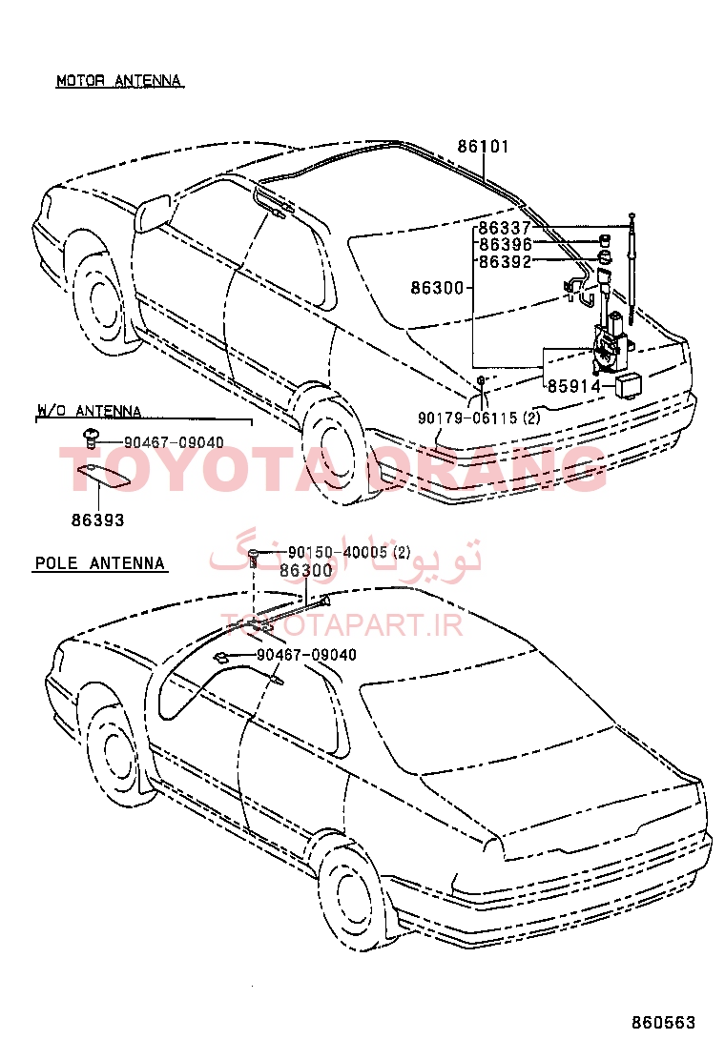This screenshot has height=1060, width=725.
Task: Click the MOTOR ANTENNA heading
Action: tap(119, 80)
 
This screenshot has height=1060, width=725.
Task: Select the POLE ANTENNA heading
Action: tap(99, 563)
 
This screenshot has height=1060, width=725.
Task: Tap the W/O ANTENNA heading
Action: tap(90, 410)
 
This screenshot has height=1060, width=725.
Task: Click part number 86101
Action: tap(483, 146)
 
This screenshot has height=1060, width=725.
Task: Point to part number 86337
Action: tap(505, 228)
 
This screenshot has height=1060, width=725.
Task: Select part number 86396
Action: tap(506, 245)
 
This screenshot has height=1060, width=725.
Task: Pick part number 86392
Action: tap(506, 261)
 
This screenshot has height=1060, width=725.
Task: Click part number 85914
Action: tap(573, 386)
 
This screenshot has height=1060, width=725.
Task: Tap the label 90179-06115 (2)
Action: tap(479, 418)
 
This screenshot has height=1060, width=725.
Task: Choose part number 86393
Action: tap(98, 520)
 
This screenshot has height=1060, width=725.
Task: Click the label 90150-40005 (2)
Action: tap(349, 552)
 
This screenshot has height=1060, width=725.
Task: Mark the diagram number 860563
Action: tap(663, 1022)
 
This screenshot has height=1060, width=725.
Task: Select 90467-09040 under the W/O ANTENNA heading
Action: tap(174, 442)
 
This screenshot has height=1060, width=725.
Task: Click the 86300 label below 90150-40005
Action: tap(305, 571)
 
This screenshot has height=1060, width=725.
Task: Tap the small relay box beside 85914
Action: tap(629, 384)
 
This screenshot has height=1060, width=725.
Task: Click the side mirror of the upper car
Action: tap(153, 213)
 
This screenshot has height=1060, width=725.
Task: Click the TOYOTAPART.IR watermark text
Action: tap(342, 624)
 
